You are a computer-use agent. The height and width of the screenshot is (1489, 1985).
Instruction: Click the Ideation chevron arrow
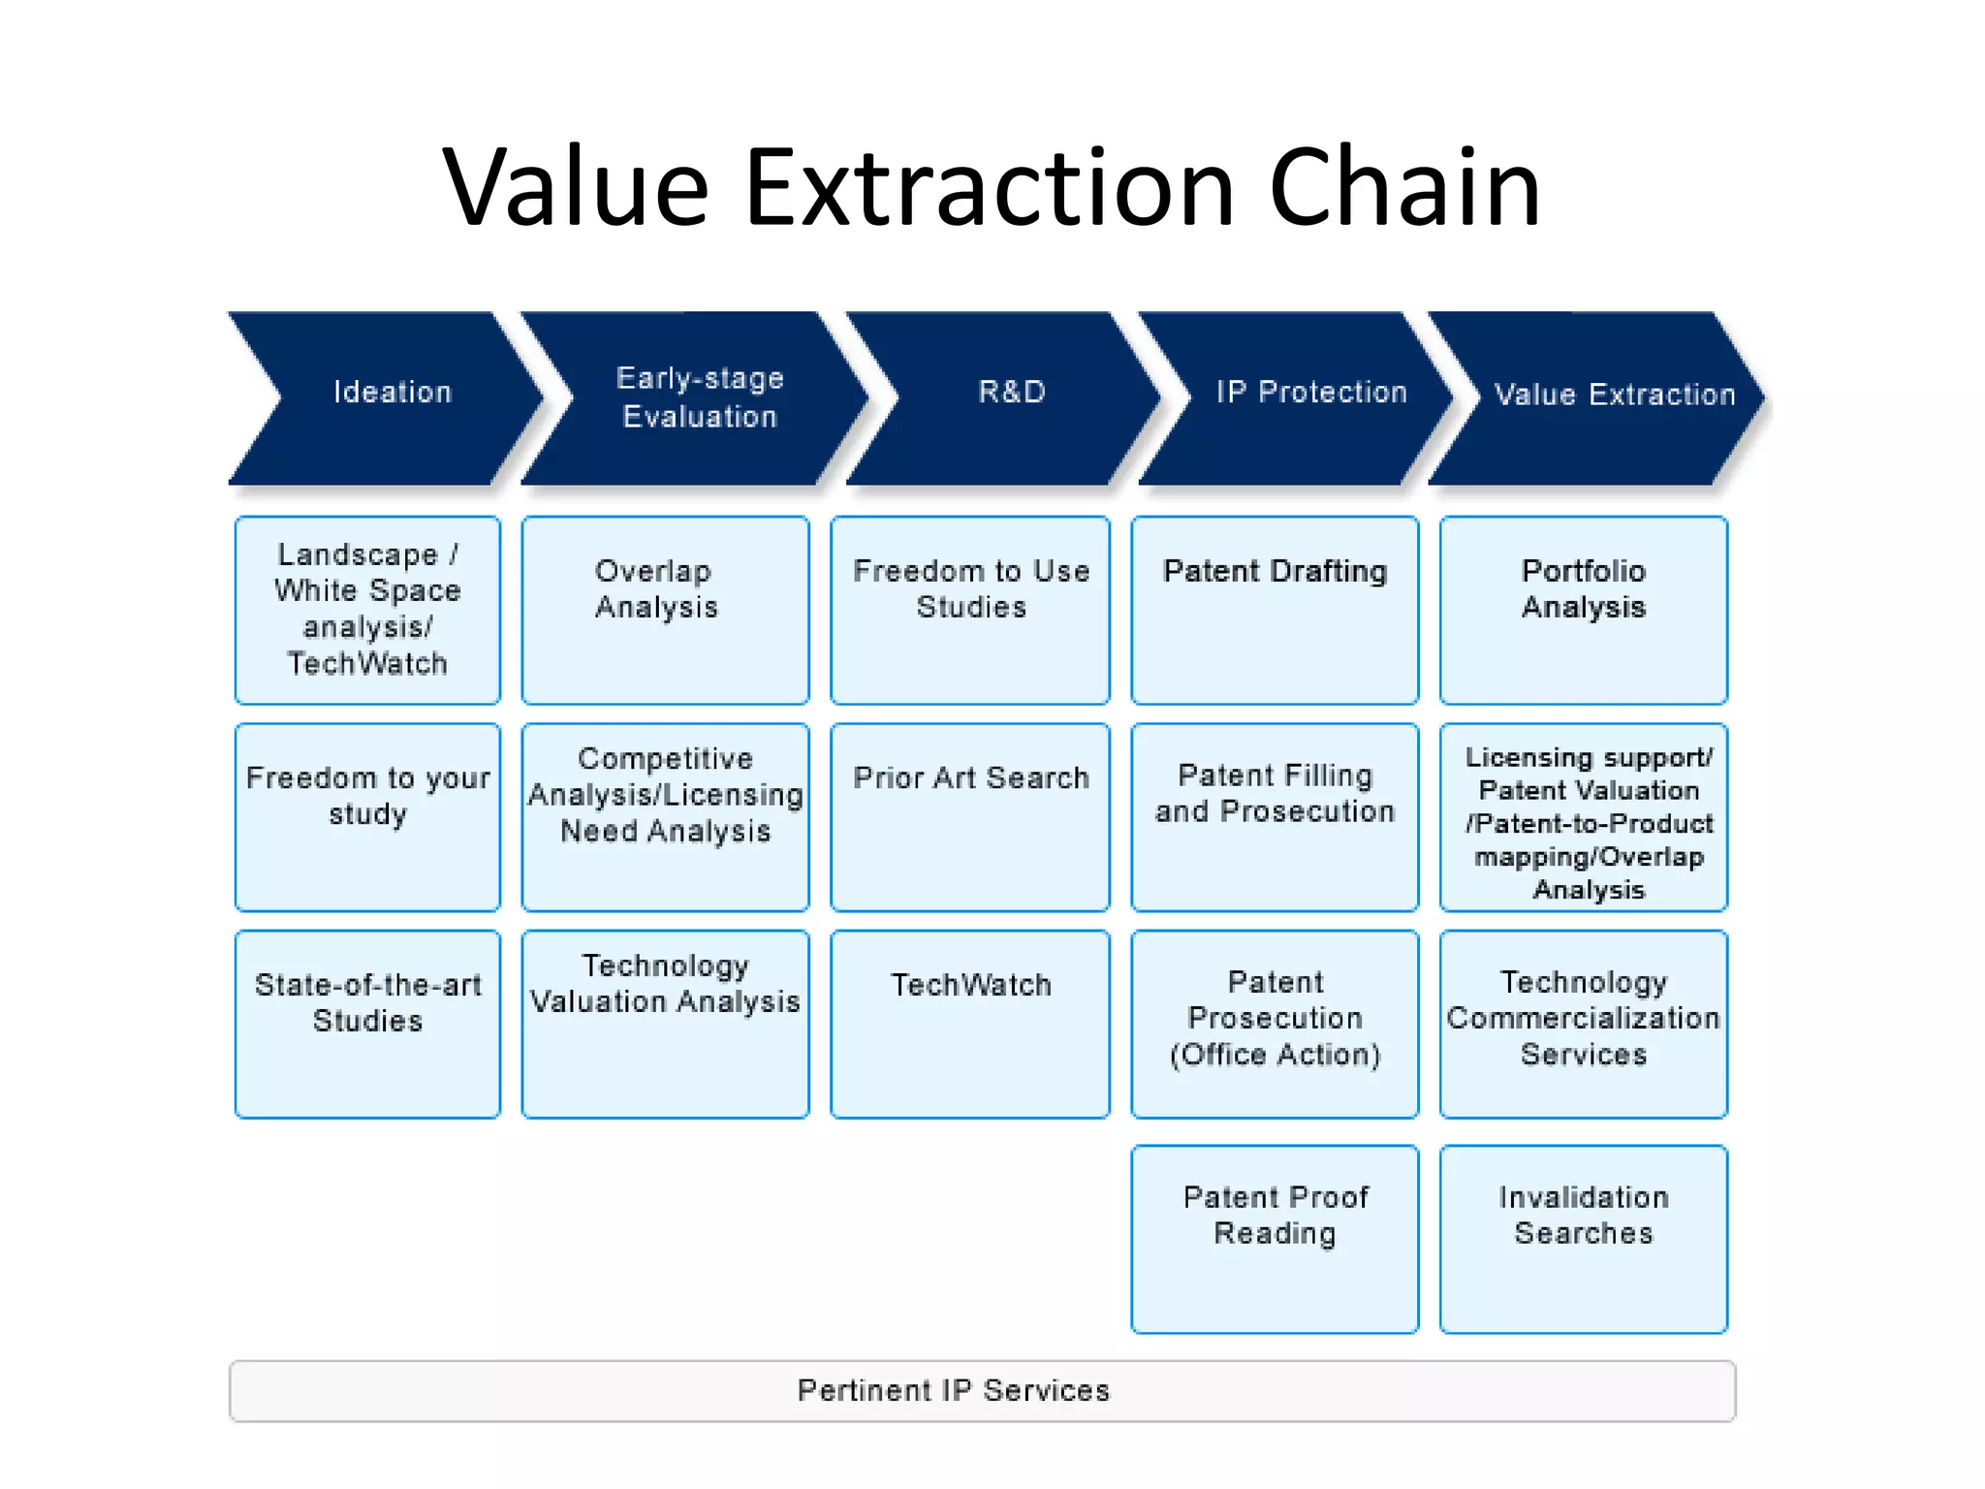pos(388,397)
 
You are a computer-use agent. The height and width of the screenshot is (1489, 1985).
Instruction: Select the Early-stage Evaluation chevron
pos(698,397)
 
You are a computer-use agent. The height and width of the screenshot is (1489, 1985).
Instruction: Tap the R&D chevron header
pos(1008,397)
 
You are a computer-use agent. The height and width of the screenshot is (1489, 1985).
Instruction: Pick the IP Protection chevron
pos(1304,397)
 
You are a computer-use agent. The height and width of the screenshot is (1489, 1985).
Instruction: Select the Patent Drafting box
pos(1275,610)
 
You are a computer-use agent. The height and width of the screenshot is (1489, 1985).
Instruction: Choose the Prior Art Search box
pos(970,817)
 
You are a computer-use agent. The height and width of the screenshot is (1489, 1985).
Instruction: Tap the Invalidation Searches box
pos(1583,1238)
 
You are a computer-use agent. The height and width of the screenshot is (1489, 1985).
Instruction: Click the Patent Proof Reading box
pos(1275,1238)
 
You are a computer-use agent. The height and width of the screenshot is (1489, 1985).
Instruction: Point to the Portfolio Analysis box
pos(1583,610)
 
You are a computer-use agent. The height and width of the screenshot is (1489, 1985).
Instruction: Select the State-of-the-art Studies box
pos(367,1024)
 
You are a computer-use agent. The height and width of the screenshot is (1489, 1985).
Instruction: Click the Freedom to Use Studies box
pos(970,610)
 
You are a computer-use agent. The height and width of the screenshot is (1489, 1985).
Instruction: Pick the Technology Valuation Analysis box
pos(665,1024)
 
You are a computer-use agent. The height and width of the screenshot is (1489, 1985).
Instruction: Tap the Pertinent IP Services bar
pos(981,1390)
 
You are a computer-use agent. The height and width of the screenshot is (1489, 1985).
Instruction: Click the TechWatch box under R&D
pos(970,1024)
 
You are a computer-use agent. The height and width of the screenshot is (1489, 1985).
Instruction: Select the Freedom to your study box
pos(367,817)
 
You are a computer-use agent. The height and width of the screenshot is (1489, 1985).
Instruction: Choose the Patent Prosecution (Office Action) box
pos(1275,1024)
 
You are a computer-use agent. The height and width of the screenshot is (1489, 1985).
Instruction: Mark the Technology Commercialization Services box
pos(1583,1024)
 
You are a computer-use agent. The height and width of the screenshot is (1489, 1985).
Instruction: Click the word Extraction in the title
pos(989,188)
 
